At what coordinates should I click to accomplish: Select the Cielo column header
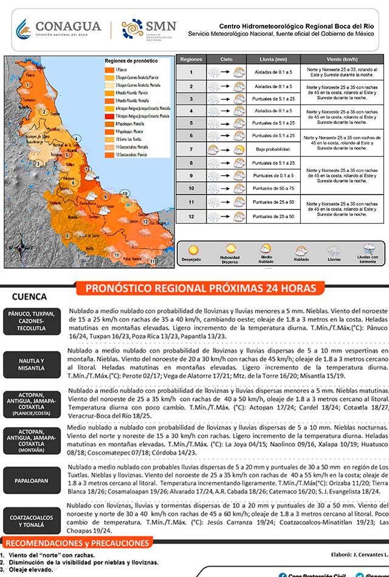(227, 59)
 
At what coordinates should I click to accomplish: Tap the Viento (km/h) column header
(342, 59)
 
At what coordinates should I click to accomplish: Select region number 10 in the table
(191, 188)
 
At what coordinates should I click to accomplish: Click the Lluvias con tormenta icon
(368, 249)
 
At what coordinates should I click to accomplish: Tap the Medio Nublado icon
(266, 249)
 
